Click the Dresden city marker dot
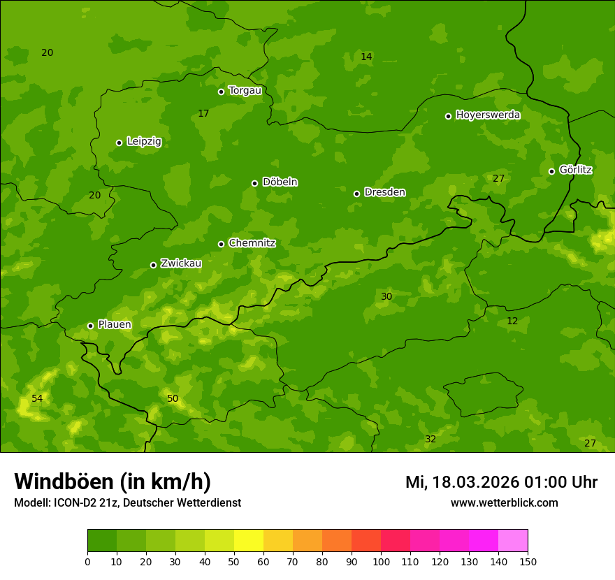356,194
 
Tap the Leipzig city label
144,142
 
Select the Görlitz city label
576,170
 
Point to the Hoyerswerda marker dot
448,116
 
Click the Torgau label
245,91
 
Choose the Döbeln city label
280,182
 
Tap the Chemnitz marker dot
221,244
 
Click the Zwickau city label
181,263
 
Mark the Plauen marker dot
90,326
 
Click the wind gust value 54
37,398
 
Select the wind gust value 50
173,398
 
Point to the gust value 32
430,439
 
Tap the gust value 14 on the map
366,57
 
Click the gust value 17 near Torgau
203,113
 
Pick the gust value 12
512,321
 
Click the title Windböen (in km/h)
113,481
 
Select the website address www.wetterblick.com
504,502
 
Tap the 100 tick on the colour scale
381,561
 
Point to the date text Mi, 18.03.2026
462,482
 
